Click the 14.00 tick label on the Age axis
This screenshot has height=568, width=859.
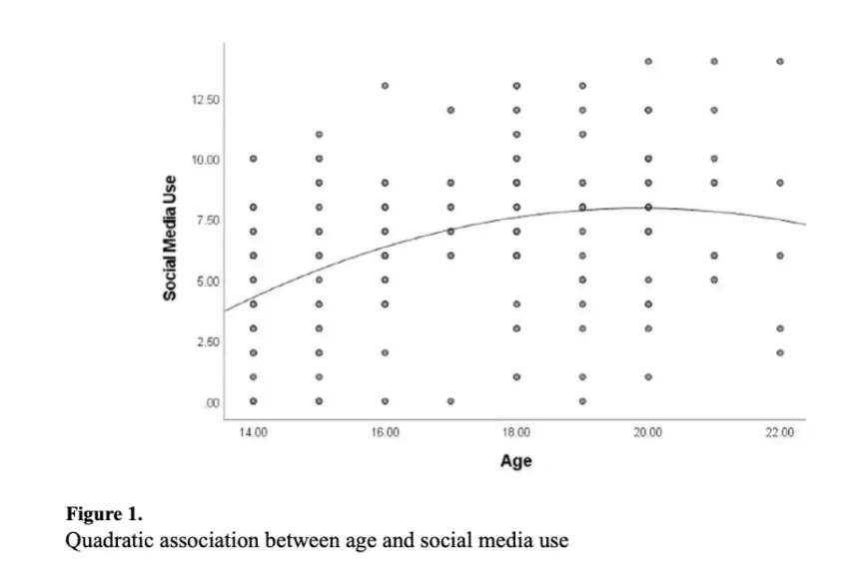click(253, 432)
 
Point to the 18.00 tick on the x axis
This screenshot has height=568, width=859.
click(516, 432)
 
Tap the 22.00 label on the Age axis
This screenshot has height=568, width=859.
click(780, 432)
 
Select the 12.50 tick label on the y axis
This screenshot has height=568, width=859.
click(206, 100)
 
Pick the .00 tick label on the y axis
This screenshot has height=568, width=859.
click(212, 402)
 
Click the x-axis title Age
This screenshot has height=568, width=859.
click(516, 460)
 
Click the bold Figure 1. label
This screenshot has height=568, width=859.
click(104, 515)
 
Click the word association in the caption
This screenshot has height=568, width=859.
click(213, 541)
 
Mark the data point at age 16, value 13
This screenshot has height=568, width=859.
click(385, 86)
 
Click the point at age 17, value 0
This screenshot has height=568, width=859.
click(450, 401)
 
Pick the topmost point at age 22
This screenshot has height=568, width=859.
click(780, 61)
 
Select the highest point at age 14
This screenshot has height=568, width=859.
click(253, 159)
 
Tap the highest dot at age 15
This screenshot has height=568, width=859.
click(319, 134)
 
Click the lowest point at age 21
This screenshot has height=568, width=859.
click(714, 280)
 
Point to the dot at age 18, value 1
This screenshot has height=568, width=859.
click(516, 376)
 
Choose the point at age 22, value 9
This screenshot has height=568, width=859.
click(780, 183)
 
